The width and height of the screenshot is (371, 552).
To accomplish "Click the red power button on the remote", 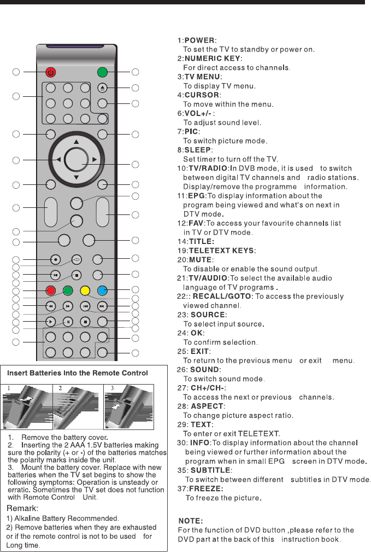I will (50, 72).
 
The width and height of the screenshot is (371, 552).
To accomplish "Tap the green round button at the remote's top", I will (102, 72).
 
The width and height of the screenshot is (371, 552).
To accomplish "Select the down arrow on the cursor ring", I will (76, 177).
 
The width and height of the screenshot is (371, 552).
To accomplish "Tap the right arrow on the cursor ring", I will (95, 160).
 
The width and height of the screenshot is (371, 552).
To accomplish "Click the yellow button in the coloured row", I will (85, 290).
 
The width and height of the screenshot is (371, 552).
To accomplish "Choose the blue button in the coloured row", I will (102, 290).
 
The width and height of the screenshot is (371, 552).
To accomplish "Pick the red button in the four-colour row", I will (50, 290).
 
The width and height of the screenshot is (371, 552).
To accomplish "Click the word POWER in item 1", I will (200, 40).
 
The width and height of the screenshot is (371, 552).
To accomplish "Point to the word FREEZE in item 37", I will (205, 488).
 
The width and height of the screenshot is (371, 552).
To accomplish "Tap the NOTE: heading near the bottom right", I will (191, 521).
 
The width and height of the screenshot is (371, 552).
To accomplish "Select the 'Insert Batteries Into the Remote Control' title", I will (78, 373).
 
